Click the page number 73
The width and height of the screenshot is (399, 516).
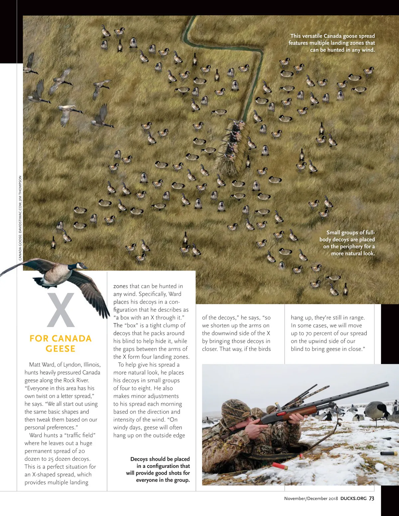371,498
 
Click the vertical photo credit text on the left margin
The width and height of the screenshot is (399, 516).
20,218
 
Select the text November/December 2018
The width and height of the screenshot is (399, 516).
311,498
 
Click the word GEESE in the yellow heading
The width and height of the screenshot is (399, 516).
61,349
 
